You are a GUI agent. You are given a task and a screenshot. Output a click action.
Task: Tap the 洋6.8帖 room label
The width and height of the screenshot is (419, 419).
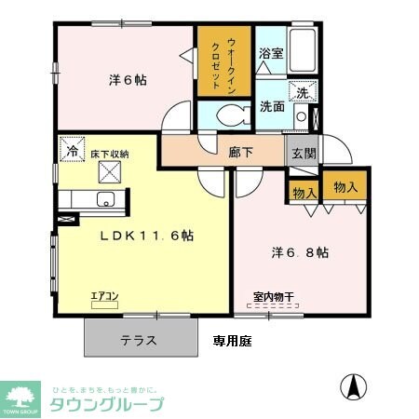tap(298, 251)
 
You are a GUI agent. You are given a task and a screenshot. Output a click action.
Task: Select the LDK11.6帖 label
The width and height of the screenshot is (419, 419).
tap(146, 236)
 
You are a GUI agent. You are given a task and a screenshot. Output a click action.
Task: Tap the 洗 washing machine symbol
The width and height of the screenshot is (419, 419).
tap(302, 92)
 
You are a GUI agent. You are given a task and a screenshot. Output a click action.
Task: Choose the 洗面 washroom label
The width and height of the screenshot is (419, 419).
tap(272, 105)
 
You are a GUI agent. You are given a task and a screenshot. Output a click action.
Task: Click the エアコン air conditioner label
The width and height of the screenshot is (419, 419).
tap(103, 297)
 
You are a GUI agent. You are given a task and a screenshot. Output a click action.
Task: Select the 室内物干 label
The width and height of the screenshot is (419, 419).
tap(272, 298)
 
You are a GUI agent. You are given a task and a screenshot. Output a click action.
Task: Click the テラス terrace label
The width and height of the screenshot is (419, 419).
tap(138, 341)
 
